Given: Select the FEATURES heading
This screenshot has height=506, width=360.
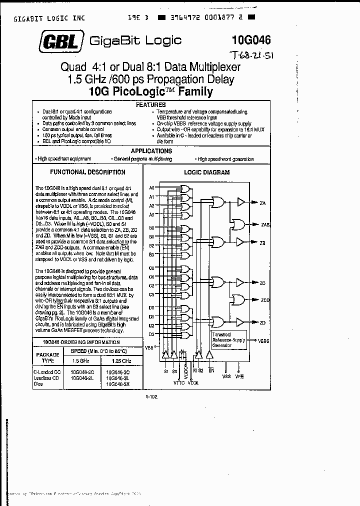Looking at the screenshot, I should [151, 105].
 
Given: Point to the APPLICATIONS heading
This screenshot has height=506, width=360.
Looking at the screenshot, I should [151, 150].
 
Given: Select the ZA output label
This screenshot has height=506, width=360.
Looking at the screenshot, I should [262, 203].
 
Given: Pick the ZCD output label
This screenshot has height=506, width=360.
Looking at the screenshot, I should [265, 300].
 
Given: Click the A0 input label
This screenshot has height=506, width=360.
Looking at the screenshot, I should [152, 187].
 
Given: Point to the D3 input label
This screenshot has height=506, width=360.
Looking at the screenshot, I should [151, 333].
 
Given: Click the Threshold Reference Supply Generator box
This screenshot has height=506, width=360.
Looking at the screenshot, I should [228, 340].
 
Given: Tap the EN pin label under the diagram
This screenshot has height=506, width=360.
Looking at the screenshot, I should [211, 370].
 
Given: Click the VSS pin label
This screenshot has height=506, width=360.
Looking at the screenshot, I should [226, 375].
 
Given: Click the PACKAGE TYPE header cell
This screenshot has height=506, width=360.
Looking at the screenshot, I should [48, 356].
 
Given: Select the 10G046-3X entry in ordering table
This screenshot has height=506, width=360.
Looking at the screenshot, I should [118, 384].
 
